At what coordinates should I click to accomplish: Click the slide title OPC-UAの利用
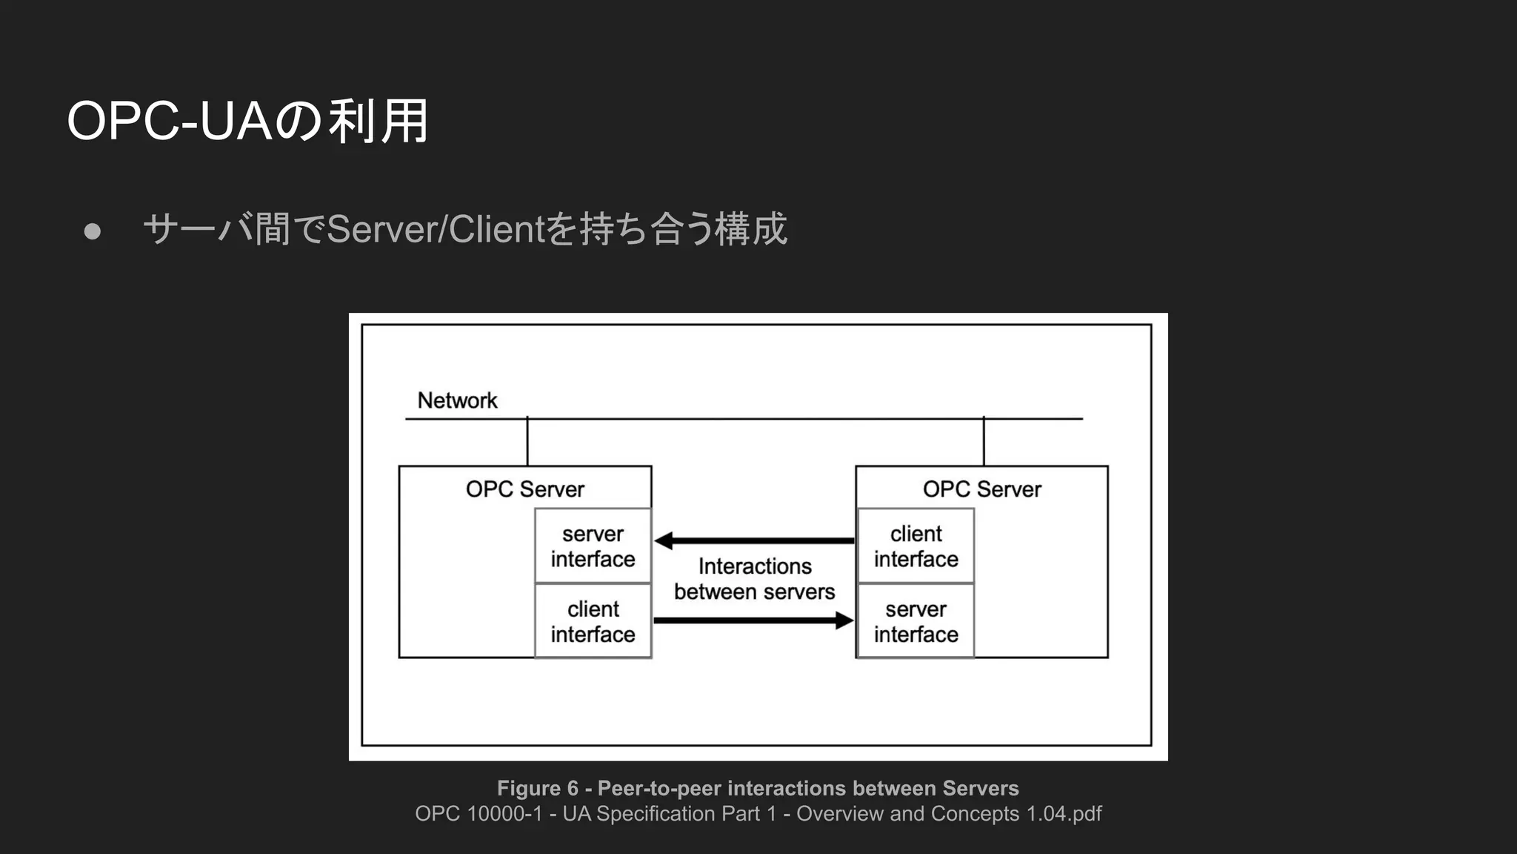click(247, 122)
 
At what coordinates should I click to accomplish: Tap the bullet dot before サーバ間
click(93, 231)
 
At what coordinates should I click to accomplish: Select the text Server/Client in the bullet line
click(436, 229)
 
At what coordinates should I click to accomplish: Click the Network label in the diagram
click(457, 400)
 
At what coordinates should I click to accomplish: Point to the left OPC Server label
click(524, 489)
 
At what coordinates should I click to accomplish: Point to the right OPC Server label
click(981, 489)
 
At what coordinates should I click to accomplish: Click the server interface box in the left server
click(593, 546)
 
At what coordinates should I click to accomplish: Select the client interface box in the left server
click(593, 621)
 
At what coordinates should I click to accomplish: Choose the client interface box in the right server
click(916, 546)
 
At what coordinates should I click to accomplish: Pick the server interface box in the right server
click(916, 621)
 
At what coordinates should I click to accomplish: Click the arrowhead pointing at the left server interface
click(664, 540)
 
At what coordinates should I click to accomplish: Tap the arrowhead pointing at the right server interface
click(844, 620)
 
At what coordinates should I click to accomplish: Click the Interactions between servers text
click(754, 579)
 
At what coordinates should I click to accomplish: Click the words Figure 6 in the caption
click(537, 788)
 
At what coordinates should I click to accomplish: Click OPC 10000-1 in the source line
click(479, 814)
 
